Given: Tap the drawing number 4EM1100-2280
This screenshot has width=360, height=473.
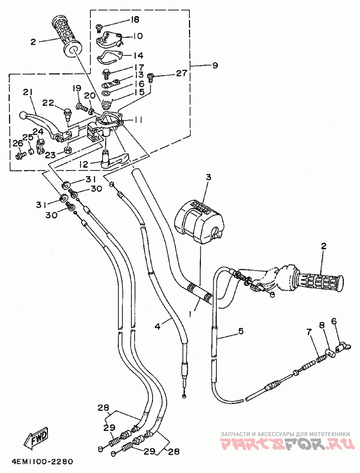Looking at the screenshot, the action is tap(43, 462).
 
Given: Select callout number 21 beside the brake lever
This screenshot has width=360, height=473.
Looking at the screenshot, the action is tap(27, 92).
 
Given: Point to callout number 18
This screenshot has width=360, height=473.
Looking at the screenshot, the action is tap(134, 20).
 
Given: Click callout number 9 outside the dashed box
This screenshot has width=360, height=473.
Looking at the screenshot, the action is tap(215, 65).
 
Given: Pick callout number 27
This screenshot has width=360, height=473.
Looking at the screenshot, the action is tap(182, 73).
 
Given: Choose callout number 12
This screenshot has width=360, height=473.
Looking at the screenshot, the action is tap(83, 165).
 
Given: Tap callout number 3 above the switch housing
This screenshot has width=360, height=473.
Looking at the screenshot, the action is tap(208, 177).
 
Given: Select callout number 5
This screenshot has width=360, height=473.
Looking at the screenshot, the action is tap(240, 331).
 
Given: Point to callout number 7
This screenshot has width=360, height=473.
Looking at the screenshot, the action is tap(308, 332).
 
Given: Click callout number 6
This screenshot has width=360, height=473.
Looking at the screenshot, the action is tap(334, 321).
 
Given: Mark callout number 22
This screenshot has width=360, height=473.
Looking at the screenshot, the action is tap(48, 103).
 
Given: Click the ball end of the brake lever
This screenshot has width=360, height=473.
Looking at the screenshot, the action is tap(22, 115).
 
